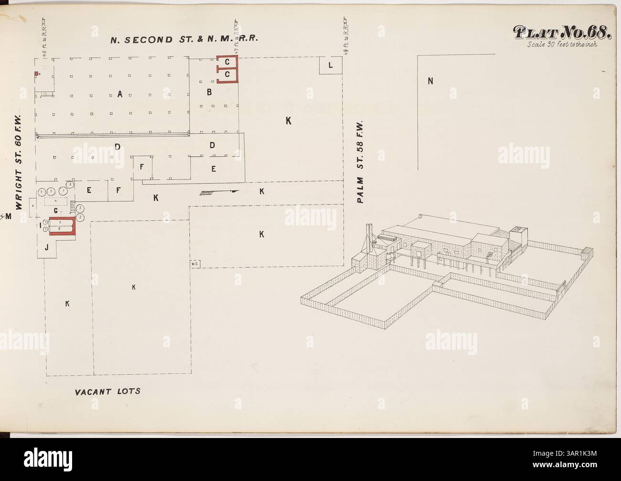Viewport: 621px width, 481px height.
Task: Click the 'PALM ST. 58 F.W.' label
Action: (361, 162)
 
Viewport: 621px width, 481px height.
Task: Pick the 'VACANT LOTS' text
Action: (107, 392)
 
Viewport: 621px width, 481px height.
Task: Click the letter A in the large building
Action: (120, 95)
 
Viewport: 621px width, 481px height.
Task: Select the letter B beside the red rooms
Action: (209, 93)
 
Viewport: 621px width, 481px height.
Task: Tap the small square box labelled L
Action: (331, 65)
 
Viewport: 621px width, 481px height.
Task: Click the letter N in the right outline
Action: (430, 81)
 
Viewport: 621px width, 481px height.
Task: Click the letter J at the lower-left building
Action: (46, 247)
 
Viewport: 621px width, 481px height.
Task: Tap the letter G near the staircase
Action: (56, 210)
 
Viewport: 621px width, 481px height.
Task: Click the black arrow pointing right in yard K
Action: (234, 191)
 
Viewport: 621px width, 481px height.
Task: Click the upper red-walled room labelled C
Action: (228, 62)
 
